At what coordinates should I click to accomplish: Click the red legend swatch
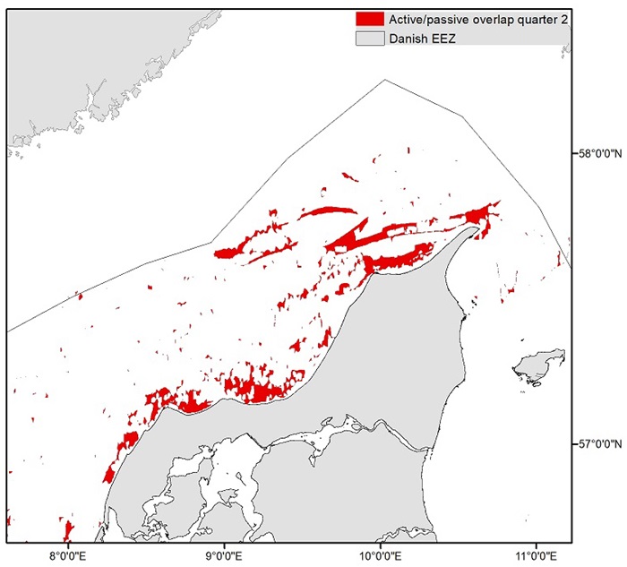click(x=369, y=19)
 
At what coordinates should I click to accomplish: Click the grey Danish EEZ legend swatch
click(x=369, y=39)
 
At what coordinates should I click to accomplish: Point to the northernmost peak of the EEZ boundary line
click(x=385, y=79)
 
